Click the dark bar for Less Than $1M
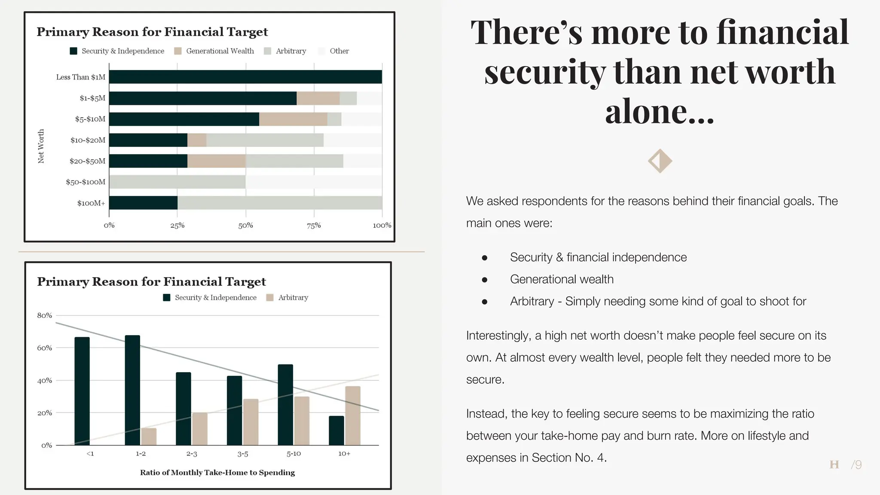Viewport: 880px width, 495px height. (245, 77)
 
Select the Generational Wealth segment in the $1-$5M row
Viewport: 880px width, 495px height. (318, 98)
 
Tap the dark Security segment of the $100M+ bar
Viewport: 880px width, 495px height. (143, 203)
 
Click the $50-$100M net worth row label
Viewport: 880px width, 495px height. (86, 182)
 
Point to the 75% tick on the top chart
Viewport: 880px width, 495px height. (314, 225)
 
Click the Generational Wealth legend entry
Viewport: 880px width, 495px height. (214, 51)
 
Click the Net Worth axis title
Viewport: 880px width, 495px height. (41, 146)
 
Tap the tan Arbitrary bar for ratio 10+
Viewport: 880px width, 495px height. (353, 416)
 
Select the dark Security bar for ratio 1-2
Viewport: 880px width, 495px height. (132, 390)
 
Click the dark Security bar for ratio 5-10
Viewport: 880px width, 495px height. (285, 405)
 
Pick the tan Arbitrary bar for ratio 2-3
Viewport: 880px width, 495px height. (200, 429)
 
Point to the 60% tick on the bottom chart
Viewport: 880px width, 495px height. (44, 348)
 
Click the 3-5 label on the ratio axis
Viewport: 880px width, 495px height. (243, 454)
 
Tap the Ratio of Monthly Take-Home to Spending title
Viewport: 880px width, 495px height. (217, 473)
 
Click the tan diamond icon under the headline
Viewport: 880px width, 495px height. (660, 161)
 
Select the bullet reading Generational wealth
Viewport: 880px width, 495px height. (561, 279)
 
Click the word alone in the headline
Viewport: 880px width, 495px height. (659, 111)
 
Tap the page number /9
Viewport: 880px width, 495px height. (856, 464)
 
